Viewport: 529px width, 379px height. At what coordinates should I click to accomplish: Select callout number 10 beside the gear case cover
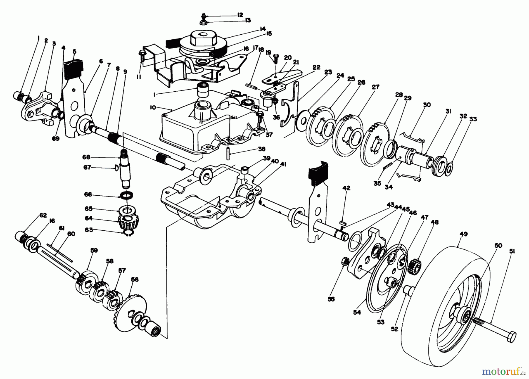tap(153, 108)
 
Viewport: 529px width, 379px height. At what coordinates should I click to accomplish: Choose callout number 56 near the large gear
tap(136, 279)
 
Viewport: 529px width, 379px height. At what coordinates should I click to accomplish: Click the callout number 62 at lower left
tap(43, 215)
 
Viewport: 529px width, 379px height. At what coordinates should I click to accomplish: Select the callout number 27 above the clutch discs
tap(375, 87)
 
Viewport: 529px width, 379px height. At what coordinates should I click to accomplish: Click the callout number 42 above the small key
tap(346, 188)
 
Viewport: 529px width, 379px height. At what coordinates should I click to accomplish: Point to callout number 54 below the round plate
tap(356, 313)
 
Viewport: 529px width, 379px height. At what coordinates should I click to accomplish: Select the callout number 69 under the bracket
tap(56, 138)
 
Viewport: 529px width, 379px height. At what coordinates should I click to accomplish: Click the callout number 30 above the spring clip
tap(427, 105)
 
